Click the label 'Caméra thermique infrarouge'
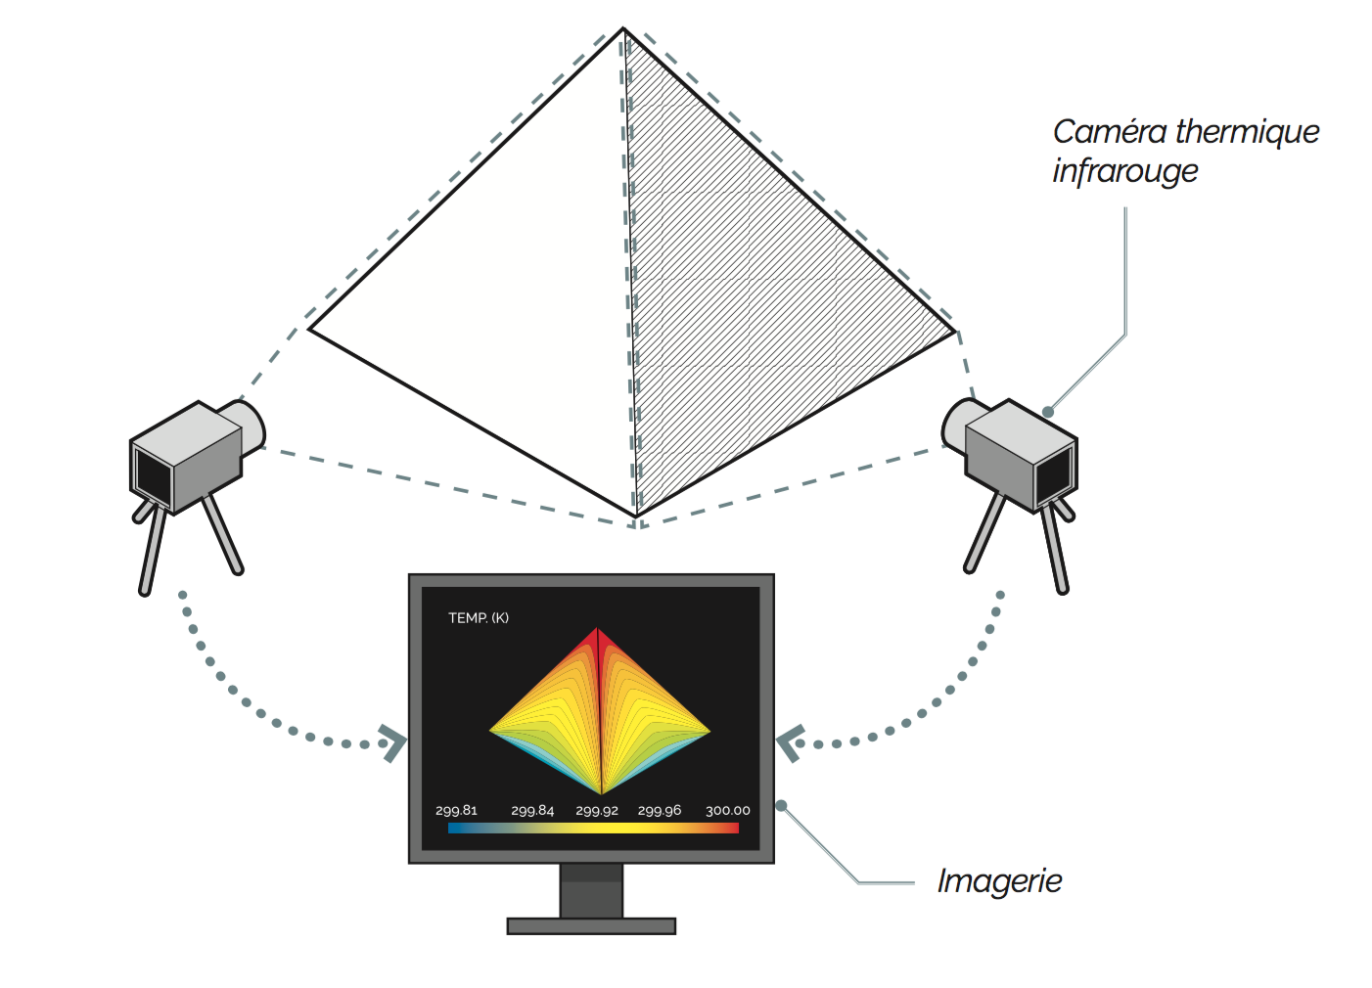(1184, 151)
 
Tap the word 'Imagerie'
(998, 880)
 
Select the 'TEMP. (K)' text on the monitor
(478, 617)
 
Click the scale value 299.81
(456, 810)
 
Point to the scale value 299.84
(532, 810)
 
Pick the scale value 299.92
(597, 810)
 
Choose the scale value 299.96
(660, 810)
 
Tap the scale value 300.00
(727, 810)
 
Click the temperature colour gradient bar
(593, 828)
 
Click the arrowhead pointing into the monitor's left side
(393, 743)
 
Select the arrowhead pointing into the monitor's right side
(789, 743)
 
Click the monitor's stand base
(591, 925)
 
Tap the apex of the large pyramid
(623, 30)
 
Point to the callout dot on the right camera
(1048, 412)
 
